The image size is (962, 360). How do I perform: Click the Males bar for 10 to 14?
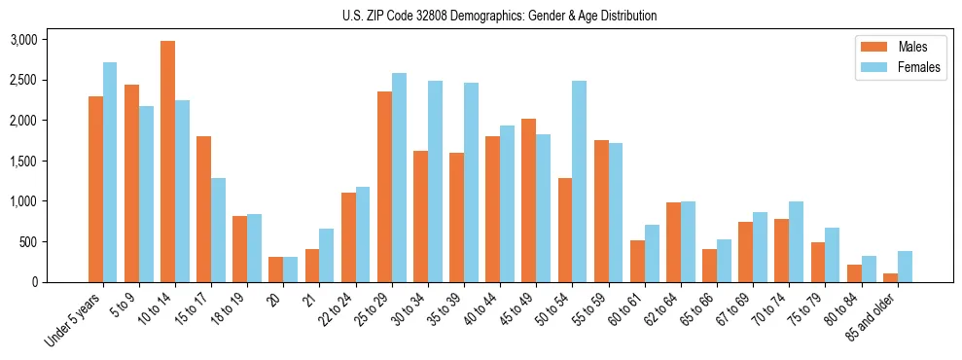tap(167, 162)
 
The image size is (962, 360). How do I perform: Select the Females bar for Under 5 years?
tap(110, 172)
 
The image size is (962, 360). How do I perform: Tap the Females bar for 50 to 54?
tap(580, 181)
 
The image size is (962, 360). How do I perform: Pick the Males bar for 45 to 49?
tap(529, 200)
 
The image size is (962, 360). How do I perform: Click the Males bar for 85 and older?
tap(890, 277)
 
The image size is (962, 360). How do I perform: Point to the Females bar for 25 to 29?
tap(399, 177)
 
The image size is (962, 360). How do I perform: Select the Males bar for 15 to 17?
tap(203, 209)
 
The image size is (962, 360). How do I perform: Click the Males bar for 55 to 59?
tap(601, 211)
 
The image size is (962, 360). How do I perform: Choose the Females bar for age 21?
tap(327, 255)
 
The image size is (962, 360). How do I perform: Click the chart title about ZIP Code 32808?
tap(500, 16)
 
